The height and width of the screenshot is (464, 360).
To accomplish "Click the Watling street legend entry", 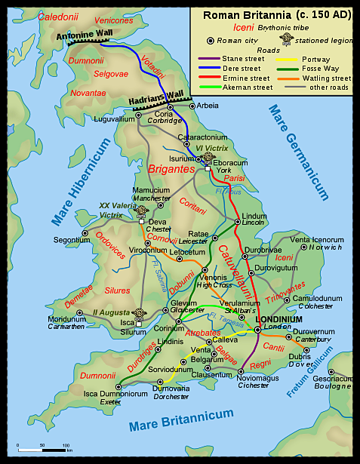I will pyautogui.click(x=326, y=78).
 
